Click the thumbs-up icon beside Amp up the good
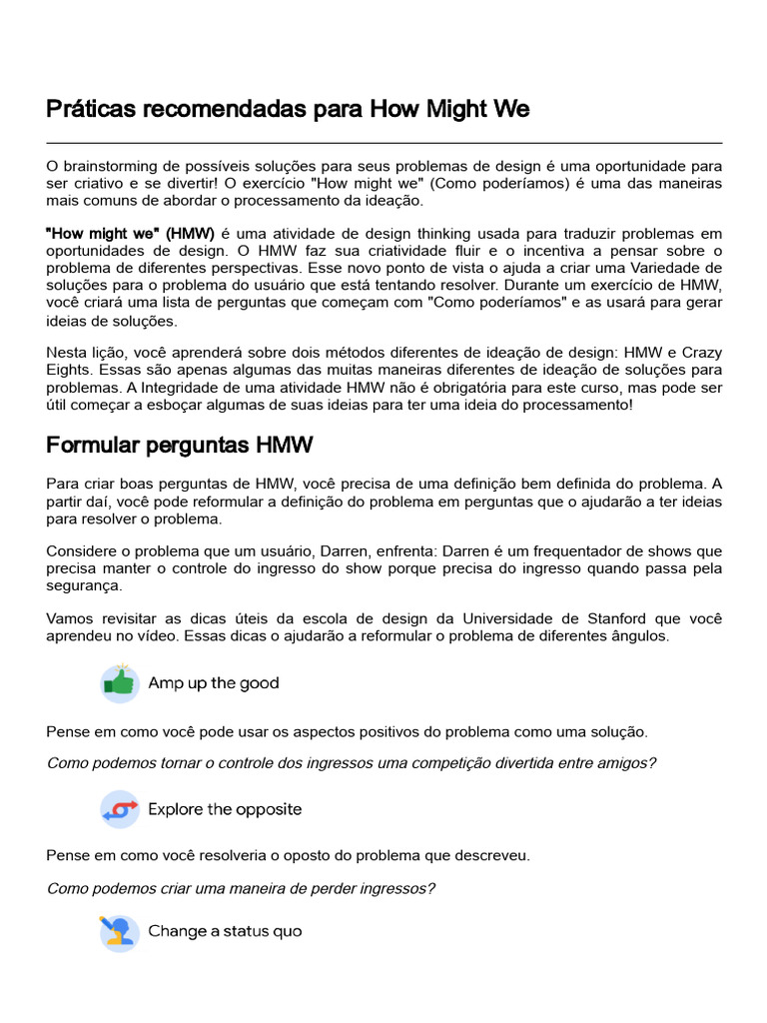coord(120,683)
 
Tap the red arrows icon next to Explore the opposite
coord(120,809)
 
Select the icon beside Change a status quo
coord(120,932)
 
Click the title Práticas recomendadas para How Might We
coord(288,109)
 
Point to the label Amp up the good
coord(214,683)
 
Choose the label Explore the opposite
coord(225,809)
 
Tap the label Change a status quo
coord(225,931)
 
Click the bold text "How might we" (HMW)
coord(131,233)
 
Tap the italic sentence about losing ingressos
coord(241,888)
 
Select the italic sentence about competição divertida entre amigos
coord(352,763)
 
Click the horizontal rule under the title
coord(383,143)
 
